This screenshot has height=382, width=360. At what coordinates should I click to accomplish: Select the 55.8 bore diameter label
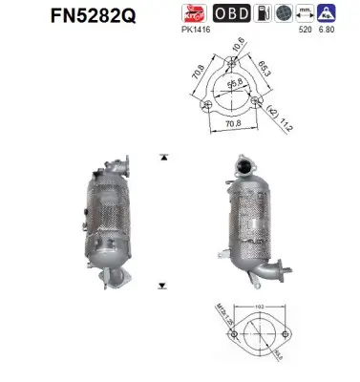[x=233, y=86]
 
